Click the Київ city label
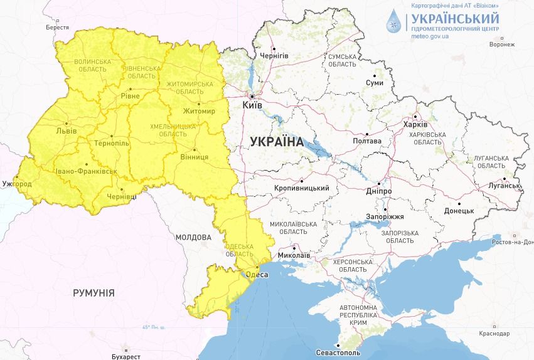point(252,105)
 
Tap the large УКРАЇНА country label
point(276,142)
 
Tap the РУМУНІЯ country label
point(93,293)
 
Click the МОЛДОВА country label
point(193,238)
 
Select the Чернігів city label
point(274,56)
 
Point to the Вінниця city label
point(194,156)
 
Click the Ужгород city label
point(16,184)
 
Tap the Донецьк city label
point(459,211)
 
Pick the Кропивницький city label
point(302,188)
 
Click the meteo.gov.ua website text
point(430,36)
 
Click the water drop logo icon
point(394,21)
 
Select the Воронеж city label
point(501,45)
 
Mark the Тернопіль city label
point(111,143)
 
